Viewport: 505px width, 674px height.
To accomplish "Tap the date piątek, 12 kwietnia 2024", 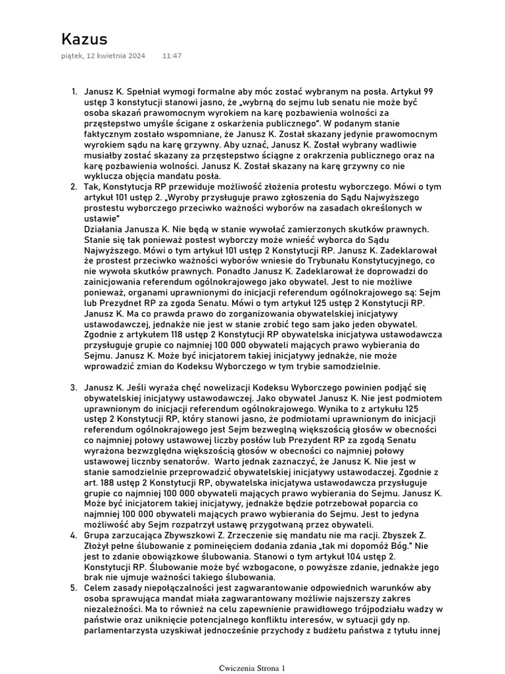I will click(103, 56).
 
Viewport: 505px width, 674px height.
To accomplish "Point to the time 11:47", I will click(172, 56).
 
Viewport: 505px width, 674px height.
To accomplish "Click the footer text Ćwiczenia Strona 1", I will click(252, 667).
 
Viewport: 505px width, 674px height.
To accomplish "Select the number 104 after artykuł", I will click(335, 556).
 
